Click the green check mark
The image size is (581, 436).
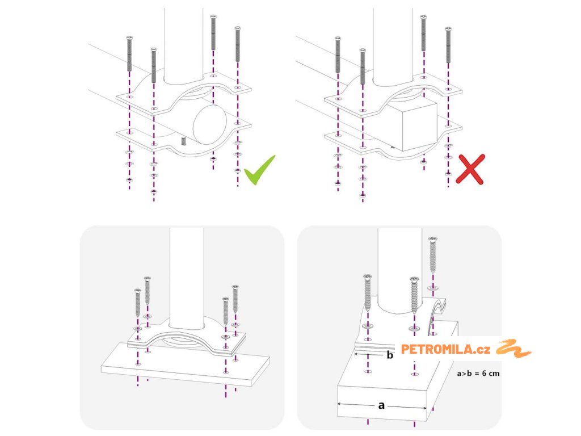tap(259, 170)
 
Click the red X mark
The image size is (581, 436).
tap(470, 169)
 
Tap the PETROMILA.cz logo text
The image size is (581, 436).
tap(445, 349)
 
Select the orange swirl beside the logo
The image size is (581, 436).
tap(513, 349)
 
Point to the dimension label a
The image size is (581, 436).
tap(381, 405)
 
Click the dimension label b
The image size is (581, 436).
tap(389, 355)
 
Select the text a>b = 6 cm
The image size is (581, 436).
tap(478, 374)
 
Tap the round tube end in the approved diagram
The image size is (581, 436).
tap(210, 124)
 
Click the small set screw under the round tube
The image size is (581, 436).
tap(183, 141)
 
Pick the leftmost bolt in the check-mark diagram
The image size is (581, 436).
tap(129, 54)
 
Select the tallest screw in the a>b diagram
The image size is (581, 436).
tap(432, 255)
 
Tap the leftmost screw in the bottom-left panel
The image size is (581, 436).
tap(138, 303)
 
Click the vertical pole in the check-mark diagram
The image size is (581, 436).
tap(183, 43)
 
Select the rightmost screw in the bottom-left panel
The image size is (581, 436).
tap(235, 299)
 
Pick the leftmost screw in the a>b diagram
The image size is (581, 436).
tap(368, 292)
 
